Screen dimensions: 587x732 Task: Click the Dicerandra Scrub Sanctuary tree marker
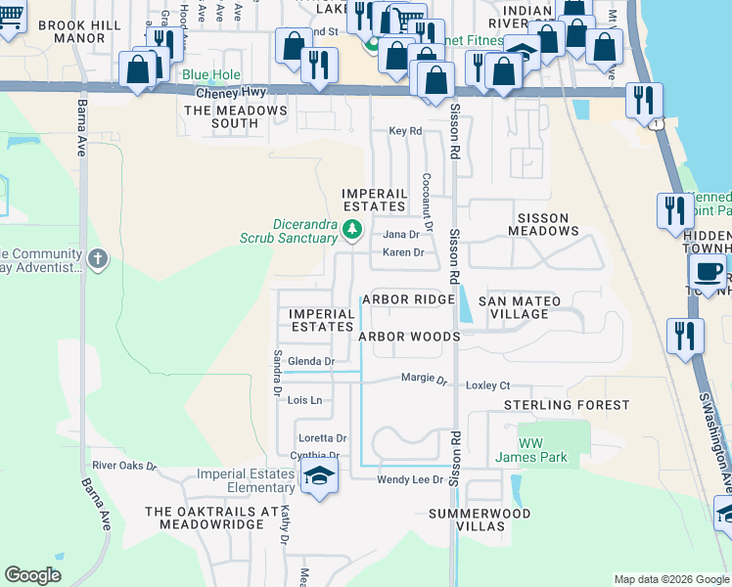click(x=352, y=230)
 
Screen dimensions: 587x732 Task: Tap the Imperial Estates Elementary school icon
click(x=317, y=476)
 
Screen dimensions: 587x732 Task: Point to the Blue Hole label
click(x=209, y=74)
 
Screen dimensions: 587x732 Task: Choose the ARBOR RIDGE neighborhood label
click(x=408, y=299)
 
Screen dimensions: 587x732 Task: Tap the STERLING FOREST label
click(x=568, y=405)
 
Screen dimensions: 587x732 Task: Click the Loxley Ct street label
click(x=488, y=385)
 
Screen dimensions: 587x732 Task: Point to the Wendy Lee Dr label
click(x=410, y=479)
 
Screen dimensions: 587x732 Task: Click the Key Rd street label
click(x=404, y=130)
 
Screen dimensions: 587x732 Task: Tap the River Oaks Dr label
click(x=124, y=466)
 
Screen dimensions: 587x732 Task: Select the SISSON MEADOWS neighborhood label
click(x=543, y=231)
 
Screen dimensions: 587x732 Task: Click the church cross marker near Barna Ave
click(x=96, y=259)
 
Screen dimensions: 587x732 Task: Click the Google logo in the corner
click(x=32, y=575)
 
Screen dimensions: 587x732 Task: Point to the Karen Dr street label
click(x=402, y=252)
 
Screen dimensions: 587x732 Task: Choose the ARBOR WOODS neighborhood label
click(x=409, y=337)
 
